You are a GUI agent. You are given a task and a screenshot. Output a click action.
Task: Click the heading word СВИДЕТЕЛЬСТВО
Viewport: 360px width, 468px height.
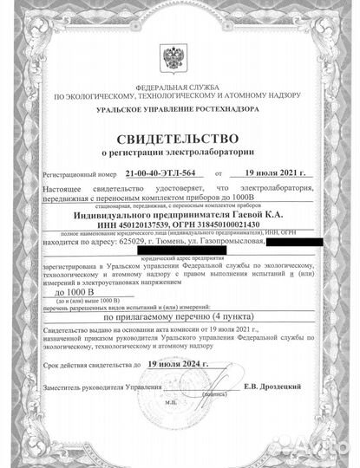179,140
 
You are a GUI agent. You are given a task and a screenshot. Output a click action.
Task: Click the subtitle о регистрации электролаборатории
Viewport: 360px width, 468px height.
179,153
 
